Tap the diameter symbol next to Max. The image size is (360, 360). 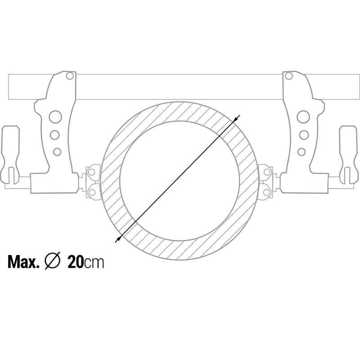[x=53, y=262]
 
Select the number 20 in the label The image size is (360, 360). [x=75, y=262]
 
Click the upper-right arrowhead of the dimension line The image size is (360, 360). [x=237, y=118]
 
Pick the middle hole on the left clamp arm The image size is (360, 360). [x=55, y=135]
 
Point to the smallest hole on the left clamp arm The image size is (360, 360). [x=57, y=151]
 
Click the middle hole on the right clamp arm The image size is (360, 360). [x=304, y=135]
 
